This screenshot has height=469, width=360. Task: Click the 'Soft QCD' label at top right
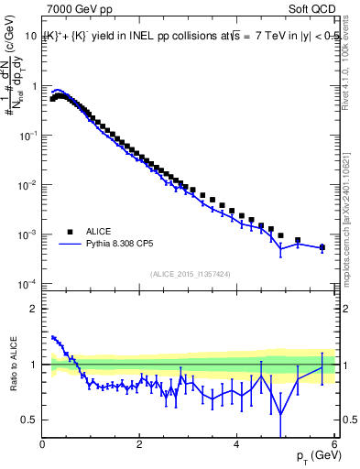pyautogui.click(x=313, y=11)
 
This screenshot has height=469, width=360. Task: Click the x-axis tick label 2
pyautogui.click(x=140, y=444)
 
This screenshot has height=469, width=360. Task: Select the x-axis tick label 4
pyautogui.click(x=237, y=444)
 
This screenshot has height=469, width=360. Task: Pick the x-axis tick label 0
pyautogui.click(x=43, y=444)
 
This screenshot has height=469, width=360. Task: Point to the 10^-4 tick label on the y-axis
pyautogui.click(x=27, y=284)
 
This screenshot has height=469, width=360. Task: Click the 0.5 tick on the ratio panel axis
pyautogui.click(x=29, y=420)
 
